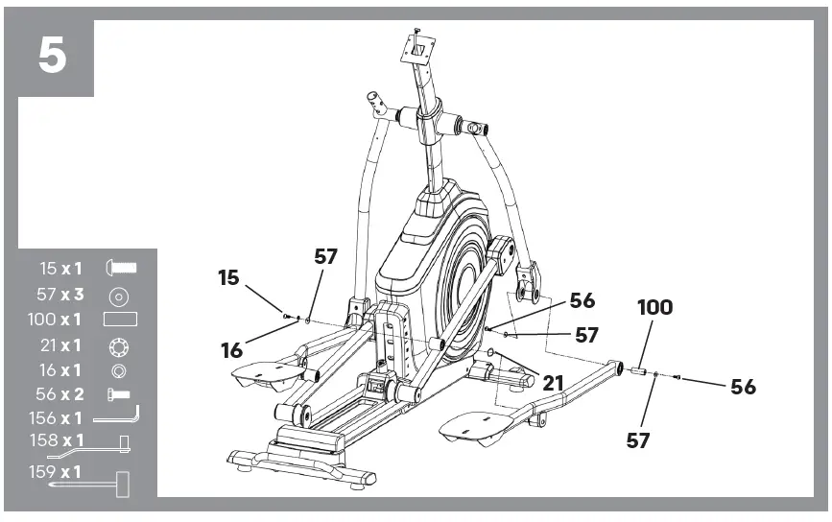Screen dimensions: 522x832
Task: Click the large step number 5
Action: point(53,57)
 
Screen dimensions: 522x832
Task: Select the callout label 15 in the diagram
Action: point(228,277)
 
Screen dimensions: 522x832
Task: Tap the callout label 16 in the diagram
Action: point(231,350)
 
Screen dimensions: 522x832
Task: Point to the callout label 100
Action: point(654,308)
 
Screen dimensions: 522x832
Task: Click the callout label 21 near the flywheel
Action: point(553,382)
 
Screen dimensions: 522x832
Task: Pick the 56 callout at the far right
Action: point(743,387)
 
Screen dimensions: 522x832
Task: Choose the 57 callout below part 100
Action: point(638,440)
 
